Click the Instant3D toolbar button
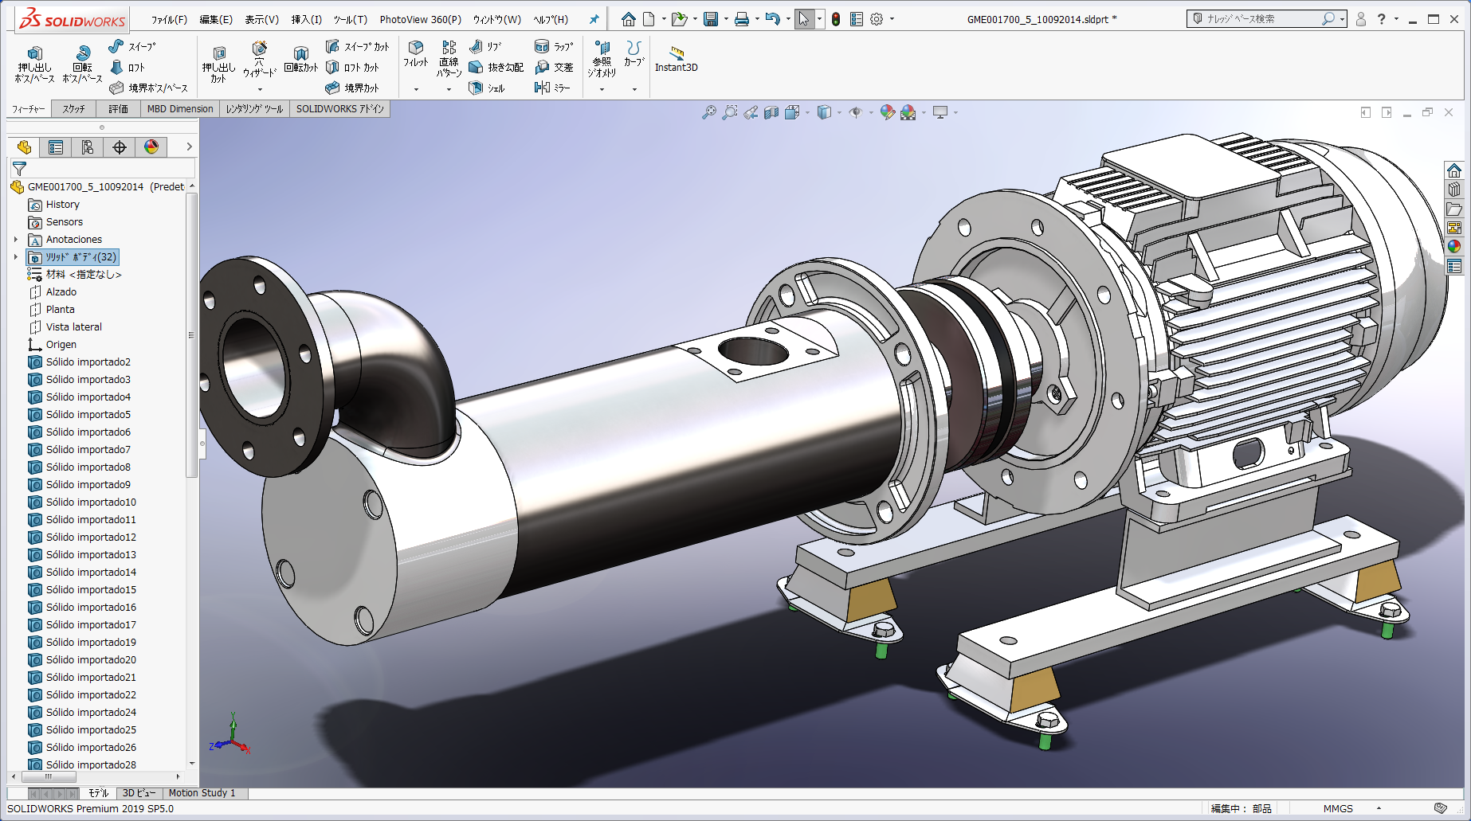coord(676,59)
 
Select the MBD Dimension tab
coord(179,109)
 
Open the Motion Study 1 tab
coord(202,793)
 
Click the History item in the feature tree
coord(62,205)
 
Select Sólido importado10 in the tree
coord(91,502)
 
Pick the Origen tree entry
coord(61,345)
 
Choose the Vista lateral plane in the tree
coord(73,327)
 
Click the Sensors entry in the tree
coord(64,222)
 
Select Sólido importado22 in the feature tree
coord(91,695)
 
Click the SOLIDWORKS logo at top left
coord(73,19)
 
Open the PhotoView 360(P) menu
coord(420,20)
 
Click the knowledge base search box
coord(1259,19)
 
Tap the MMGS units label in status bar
coord(1338,808)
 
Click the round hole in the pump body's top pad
coord(752,350)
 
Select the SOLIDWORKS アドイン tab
coord(339,109)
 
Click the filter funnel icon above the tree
coord(20,169)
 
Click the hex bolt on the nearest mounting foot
coord(1046,721)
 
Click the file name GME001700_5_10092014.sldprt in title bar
coord(1037,20)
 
